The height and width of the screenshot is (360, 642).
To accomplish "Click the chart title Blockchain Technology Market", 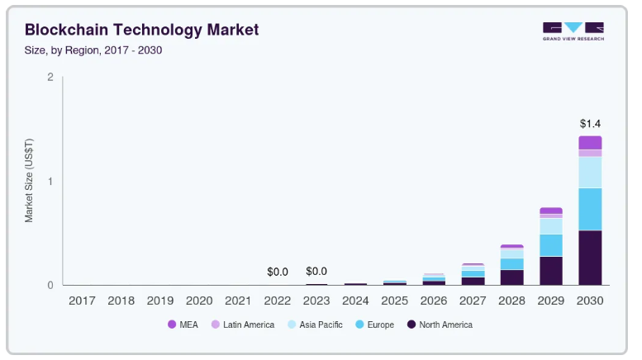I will pyautogui.click(x=141, y=31).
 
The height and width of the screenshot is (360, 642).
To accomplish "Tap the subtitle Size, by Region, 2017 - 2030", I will pyautogui.click(x=93, y=50).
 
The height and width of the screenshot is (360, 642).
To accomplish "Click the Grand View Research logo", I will pyautogui.click(x=573, y=31).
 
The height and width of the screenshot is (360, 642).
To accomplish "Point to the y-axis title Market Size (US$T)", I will pyautogui.click(x=29, y=182).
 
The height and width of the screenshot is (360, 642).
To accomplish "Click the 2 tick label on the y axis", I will pyautogui.click(x=50, y=78).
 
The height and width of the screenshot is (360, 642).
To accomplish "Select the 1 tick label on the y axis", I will pyautogui.click(x=50, y=182).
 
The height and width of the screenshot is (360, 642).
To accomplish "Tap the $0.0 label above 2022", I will pyautogui.click(x=278, y=272).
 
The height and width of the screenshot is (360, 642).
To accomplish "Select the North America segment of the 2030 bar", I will pyautogui.click(x=590, y=258).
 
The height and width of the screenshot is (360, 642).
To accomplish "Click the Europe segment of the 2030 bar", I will pyautogui.click(x=590, y=209).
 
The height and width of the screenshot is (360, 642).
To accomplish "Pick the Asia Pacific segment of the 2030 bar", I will pyautogui.click(x=590, y=172).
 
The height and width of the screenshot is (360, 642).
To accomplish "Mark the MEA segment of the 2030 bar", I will pyautogui.click(x=590, y=142).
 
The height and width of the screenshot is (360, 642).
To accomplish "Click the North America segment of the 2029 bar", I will pyautogui.click(x=551, y=271).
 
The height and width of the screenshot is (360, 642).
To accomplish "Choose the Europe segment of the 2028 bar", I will pyautogui.click(x=512, y=264).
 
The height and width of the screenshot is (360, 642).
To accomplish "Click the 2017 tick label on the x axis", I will pyautogui.click(x=83, y=301).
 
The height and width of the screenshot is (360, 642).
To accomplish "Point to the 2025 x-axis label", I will pyautogui.click(x=395, y=301).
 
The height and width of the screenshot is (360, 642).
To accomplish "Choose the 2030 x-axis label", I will pyautogui.click(x=590, y=301).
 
